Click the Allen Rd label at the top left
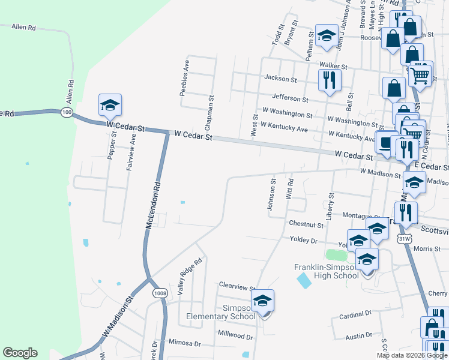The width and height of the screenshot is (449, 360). [24, 28]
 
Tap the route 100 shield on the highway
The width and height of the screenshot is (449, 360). [67, 112]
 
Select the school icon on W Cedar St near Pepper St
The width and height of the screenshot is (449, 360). [110, 105]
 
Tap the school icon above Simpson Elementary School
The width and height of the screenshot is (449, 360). [262, 301]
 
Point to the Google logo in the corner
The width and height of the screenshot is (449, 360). [20, 353]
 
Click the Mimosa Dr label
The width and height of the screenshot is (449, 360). [184, 343]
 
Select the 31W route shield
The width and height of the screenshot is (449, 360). [405, 239]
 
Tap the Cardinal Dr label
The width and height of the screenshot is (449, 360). [355, 314]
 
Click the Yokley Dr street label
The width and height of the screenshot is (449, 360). [304, 240]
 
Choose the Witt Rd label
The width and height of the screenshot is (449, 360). [290, 189]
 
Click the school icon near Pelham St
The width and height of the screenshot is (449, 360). [327, 36]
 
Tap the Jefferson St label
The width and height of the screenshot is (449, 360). [289, 98]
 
